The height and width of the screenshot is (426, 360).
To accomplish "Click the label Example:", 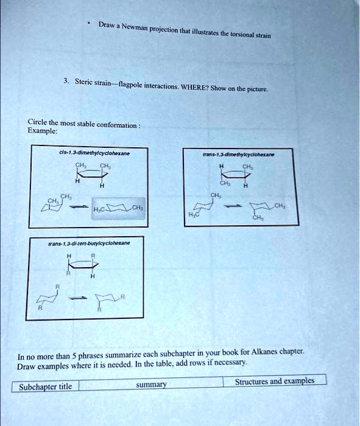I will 43,130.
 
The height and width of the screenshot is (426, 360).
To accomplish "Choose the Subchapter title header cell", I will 45,386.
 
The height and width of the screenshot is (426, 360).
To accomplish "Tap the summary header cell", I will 151,385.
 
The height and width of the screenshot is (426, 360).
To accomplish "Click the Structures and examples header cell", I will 275,381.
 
